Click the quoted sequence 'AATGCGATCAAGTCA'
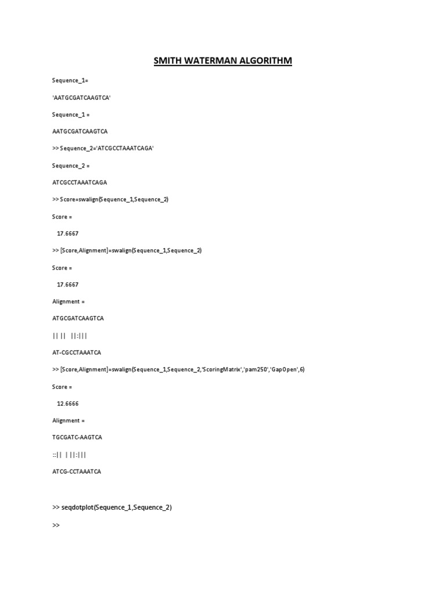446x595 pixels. (81, 98)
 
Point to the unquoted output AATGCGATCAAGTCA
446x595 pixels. (80, 131)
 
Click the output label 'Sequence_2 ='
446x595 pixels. (71, 166)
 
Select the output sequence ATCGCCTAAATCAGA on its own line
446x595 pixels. (80, 182)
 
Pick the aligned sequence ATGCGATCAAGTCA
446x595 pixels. (78, 318)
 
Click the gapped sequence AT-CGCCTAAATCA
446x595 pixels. (77, 352)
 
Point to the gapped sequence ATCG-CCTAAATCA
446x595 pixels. (77, 471)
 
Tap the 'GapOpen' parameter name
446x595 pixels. (285, 370)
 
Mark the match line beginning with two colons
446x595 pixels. (69, 454)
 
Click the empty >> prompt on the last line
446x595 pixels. (56, 525)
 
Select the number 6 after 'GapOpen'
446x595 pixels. (302, 370)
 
